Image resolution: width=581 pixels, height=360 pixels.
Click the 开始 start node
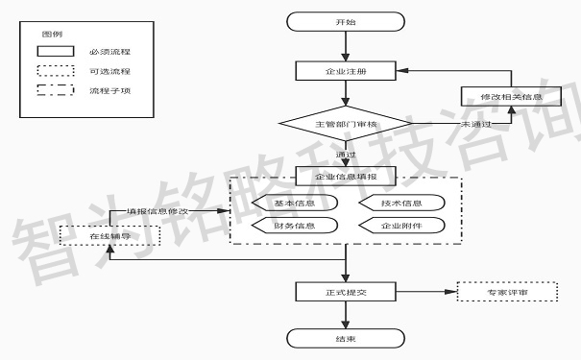[x=344, y=21]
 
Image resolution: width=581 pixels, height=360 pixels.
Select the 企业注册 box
[x=344, y=71]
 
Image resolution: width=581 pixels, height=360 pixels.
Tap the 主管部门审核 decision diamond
[x=344, y=125]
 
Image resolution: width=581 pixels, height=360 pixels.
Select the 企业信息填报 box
[x=344, y=176]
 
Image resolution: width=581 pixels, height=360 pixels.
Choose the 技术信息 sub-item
[x=400, y=204]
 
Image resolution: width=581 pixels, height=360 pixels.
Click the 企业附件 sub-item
[x=400, y=227]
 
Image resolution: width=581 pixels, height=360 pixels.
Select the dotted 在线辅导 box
[x=108, y=233]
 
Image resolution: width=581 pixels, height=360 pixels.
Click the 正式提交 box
[x=344, y=291]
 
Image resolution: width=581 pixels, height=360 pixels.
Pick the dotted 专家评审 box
[x=506, y=291]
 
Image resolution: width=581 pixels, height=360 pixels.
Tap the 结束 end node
[x=344, y=337]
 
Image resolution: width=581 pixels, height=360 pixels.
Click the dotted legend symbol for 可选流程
[x=55, y=71]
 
